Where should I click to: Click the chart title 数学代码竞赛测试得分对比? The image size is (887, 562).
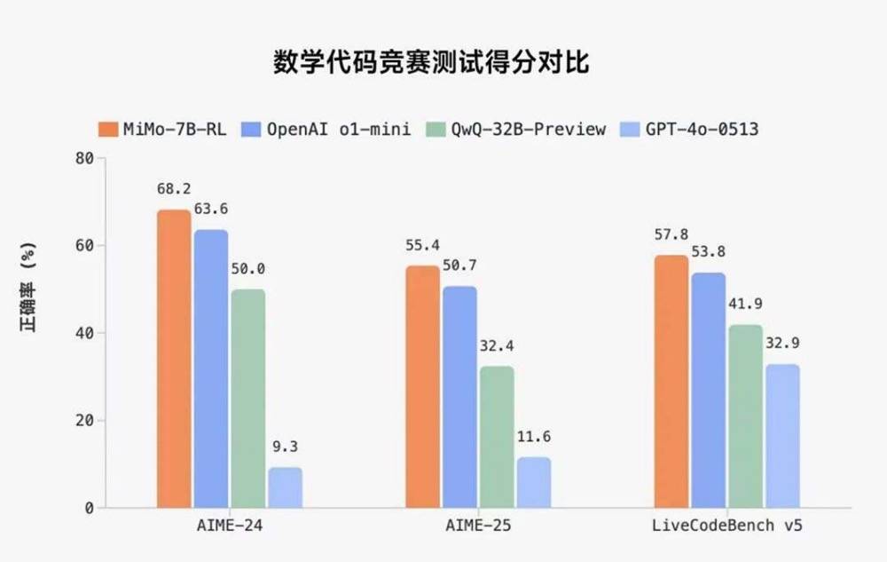pos(430,64)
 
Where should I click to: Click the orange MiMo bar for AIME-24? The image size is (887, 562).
pos(174,359)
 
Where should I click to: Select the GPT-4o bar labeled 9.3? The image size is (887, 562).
pos(285,487)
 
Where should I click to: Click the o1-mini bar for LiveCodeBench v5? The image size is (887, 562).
pos(709,390)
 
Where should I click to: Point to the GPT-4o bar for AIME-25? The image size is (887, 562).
pos(534,482)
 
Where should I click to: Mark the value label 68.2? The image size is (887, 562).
pos(174,189)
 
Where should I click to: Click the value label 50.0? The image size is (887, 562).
pos(247,269)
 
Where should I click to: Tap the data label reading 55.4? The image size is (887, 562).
pos(422,245)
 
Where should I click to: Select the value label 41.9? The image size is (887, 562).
pos(745,305)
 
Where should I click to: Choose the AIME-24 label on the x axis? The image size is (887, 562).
pos(229,526)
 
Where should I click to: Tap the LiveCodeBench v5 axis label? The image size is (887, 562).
pos(726,526)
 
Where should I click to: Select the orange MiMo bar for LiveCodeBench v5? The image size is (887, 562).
pos(671,382)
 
